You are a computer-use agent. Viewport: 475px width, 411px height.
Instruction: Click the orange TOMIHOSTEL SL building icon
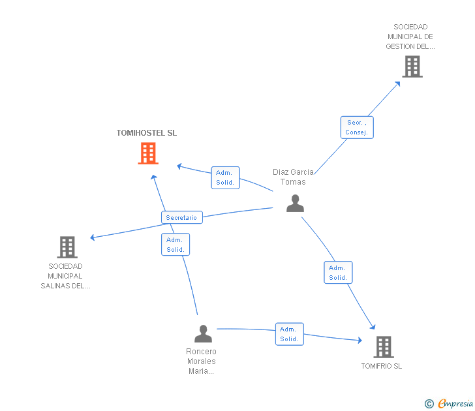[148, 153]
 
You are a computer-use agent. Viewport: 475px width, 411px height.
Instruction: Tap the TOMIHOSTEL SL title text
[147, 133]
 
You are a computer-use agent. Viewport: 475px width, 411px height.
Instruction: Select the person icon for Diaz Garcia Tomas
[295, 204]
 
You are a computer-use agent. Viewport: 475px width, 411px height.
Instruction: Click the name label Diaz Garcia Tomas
[293, 177]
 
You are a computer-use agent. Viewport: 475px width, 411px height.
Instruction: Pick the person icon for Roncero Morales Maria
[203, 333]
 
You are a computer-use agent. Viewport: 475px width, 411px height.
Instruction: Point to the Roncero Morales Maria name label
[201, 361]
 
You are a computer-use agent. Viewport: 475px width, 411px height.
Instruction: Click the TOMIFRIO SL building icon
[384, 346]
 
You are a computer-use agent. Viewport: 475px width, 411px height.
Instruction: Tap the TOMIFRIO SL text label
[382, 366]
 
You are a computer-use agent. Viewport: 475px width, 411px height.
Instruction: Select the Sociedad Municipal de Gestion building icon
[412, 66]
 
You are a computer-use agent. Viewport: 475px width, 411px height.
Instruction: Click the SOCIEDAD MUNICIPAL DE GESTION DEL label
[410, 37]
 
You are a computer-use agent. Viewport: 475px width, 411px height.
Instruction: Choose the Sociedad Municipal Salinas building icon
[67, 247]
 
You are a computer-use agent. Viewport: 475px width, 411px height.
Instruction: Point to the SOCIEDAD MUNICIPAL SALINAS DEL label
[65, 276]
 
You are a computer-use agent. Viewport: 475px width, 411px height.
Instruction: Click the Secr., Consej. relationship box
[357, 127]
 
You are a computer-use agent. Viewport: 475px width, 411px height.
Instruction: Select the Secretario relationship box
[181, 217]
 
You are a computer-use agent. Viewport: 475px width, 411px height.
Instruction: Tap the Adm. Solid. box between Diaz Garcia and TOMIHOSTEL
[225, 177]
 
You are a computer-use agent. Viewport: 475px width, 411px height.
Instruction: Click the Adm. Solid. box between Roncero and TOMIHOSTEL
[175, 245]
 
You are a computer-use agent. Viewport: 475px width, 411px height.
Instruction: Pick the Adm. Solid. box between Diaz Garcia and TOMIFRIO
[338, 273]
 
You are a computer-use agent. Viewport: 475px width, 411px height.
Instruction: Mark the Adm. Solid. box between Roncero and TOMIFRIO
[289, 334]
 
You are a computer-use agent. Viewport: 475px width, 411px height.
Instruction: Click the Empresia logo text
[455, 404]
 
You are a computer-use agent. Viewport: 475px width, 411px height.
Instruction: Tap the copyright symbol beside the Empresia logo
[429, 404]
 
